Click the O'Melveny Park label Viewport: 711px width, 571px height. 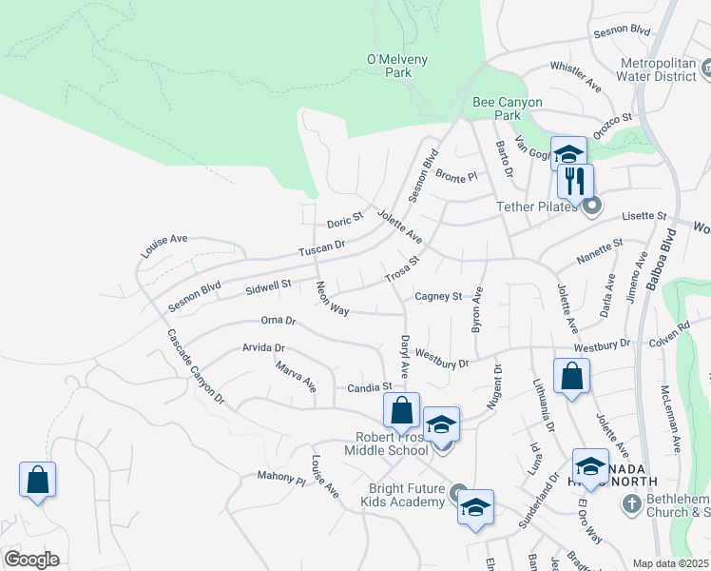pyautogui.click(x=397, y=66)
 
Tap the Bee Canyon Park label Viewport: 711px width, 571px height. pyautogui.click(x=508, y=108)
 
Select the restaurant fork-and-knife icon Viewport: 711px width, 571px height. pyautogui.click(x=575, y=180)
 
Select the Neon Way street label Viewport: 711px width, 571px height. pyautogui.click(x=333, y=298)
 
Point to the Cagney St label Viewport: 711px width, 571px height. pyautogui.click(x=437, y=297)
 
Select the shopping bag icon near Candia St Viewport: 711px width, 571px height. pyautogui.click(x=402, y=410)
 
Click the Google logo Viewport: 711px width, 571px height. pyautogui.click(x=32, y=559)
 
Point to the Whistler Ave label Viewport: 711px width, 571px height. pyautogui.click(x=576, y=77)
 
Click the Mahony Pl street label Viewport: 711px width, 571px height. pyautogui.click(x=280, y=476)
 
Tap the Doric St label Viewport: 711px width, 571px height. pyautogui.click(x=345, y=220)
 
